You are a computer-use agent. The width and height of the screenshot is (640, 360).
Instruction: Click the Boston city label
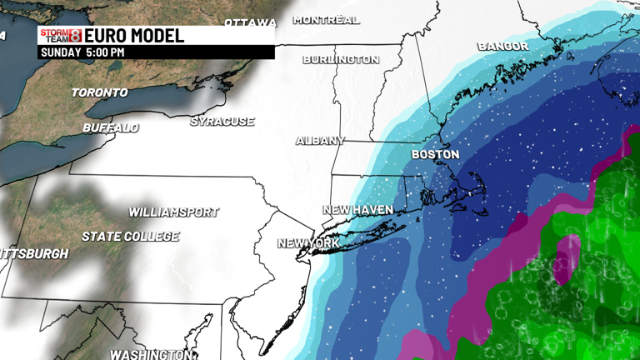(x=435, y=155)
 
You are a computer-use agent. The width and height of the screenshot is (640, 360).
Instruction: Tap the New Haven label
(x=357, y=210)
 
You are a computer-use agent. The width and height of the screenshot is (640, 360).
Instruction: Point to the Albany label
(x=320, y=141)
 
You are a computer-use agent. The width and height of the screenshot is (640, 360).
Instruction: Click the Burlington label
(x=341, y=60)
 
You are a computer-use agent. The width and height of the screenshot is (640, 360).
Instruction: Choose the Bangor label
(x=503, y=46)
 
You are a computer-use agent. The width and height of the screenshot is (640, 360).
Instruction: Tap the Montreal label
(x=327, y=20)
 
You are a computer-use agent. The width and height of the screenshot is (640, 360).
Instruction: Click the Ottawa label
(x=250, y=22)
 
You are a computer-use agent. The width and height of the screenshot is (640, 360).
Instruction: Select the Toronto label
(x=100, y=92)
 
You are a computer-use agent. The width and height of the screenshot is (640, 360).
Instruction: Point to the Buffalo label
(x=111, y=128)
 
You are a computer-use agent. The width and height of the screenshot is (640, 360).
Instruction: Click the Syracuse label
(x=222, y=122)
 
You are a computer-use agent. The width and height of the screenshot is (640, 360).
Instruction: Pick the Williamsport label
(x=173, y=212)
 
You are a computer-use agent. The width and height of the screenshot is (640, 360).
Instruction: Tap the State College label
(x=130, y=237)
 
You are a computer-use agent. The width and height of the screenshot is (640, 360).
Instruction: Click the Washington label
(x=149, y=354)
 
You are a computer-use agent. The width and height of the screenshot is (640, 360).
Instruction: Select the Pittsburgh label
(x=33, y=253)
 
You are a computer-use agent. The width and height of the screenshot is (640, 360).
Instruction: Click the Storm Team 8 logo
(x=60, y=36)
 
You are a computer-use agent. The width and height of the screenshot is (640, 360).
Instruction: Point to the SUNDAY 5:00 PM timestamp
(x=82, y=52)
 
